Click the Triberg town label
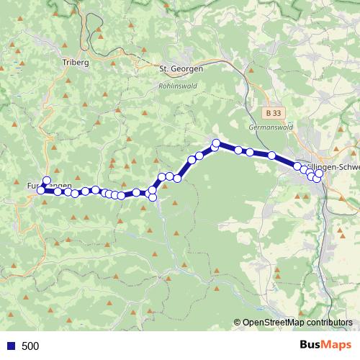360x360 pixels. pos(76,63)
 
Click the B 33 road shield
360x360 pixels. pos(271,113)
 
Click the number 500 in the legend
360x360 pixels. pos(30,346)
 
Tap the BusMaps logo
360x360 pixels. pos(324,345)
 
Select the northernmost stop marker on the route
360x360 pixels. pos(216,143)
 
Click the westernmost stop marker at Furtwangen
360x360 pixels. pos(41,190)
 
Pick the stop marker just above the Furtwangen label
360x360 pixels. pos(47,181)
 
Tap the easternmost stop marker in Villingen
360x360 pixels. pos(319,174)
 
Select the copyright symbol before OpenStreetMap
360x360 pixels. pos(237,323)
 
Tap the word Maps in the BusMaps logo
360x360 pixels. pos(336,345)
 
